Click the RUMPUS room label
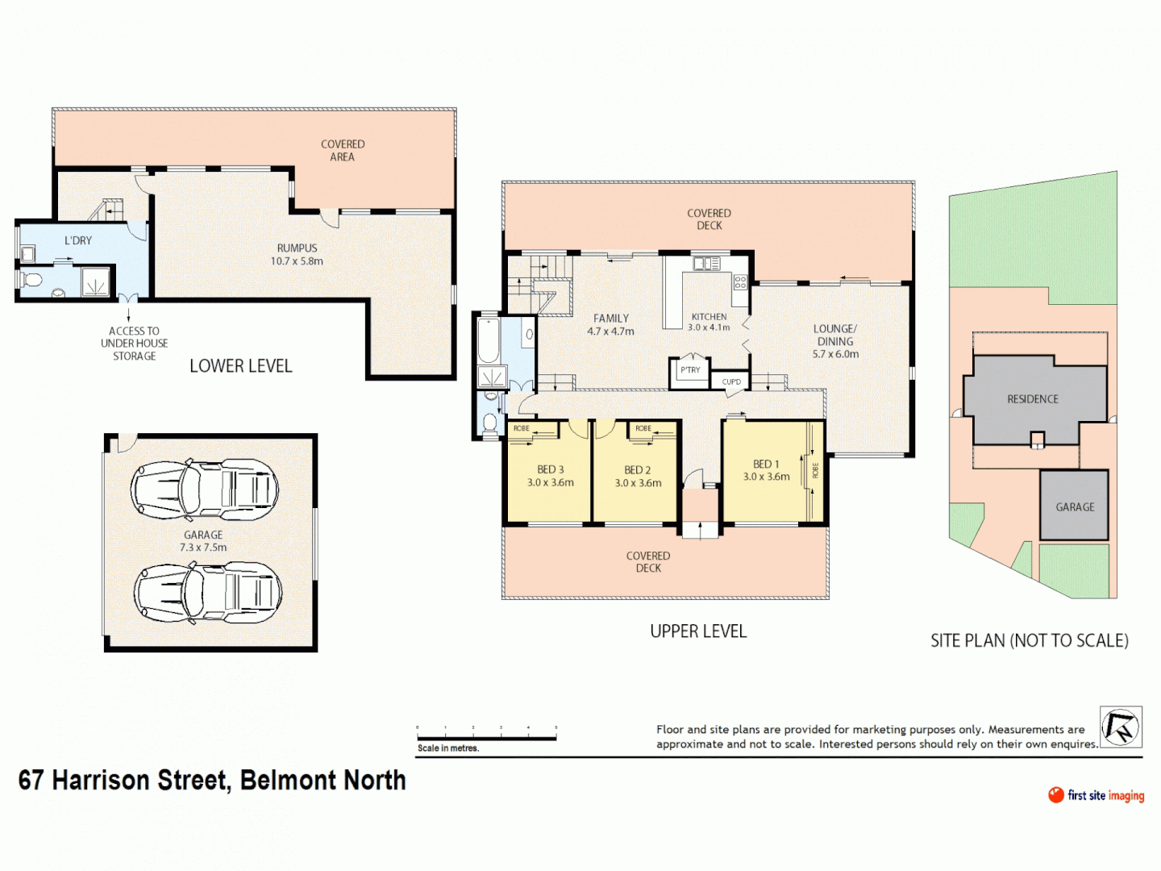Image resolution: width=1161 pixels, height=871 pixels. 297,248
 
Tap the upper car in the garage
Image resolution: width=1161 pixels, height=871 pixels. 205,490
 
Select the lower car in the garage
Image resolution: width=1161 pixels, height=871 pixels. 208,594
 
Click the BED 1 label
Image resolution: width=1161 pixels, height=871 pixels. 766,464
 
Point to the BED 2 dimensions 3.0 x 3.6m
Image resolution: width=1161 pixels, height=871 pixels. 638,483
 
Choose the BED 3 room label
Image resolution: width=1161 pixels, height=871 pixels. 551,469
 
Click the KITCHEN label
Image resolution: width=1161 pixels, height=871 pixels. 709,317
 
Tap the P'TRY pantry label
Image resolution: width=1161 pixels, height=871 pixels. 690,370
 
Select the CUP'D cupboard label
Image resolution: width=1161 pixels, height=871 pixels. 731,381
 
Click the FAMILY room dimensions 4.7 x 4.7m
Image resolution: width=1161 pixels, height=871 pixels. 610,331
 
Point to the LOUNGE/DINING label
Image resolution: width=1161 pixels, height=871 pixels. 835,335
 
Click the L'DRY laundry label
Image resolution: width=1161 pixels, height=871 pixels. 78,240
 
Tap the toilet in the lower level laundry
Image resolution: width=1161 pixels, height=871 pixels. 31,281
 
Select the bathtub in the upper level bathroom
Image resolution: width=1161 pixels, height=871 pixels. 489,341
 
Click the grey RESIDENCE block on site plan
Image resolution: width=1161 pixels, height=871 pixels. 1034,399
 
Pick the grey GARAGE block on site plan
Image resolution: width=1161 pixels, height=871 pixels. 1075,506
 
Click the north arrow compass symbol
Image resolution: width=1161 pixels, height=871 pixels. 1121,727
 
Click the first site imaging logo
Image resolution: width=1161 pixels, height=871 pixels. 1096,795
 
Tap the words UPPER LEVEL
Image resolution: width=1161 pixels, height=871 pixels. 698,631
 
